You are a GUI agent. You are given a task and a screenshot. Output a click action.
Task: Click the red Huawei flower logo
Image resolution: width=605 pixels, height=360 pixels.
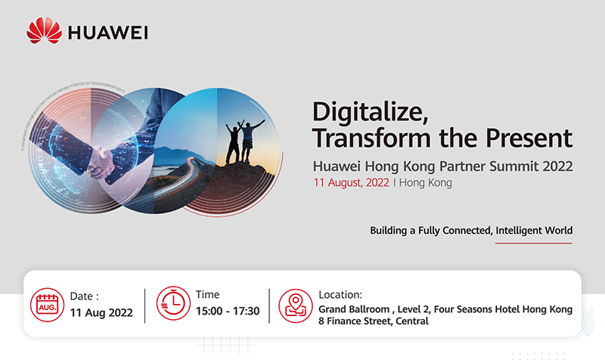[44, 30]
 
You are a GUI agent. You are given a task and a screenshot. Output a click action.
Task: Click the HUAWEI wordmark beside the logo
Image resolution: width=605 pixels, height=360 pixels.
[108, 33]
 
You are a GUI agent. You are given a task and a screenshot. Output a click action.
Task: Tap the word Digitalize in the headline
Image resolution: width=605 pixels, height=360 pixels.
[370, 112]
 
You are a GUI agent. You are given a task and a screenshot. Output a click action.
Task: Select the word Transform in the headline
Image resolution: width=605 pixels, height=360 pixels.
[371, 138]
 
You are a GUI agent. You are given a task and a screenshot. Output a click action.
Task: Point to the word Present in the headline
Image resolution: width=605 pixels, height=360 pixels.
[529, 138]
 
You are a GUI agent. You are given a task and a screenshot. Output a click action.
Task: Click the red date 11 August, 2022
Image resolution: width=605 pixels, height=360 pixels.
[351, 182]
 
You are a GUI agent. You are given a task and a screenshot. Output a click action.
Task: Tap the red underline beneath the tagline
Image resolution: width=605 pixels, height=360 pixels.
[534, 243]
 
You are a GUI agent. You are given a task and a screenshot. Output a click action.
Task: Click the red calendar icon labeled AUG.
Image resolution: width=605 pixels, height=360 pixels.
[48, 305]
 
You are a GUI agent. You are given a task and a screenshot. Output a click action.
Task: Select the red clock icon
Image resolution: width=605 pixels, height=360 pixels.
[173, 303]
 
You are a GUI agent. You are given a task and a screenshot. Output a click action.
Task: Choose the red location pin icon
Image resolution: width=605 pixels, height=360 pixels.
[296, 306]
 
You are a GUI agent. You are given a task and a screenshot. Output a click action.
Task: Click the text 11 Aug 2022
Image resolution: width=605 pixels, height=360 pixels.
[101, 312]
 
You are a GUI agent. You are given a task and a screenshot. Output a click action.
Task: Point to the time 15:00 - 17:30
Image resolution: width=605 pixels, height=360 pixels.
[228, 311]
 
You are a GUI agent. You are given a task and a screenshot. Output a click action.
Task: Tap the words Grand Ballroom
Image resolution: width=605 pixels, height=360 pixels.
[354, 309]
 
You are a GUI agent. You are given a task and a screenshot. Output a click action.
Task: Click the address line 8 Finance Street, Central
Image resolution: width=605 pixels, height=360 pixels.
[374, 321]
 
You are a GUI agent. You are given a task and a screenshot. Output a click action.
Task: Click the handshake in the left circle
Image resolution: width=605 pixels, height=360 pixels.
[101, 161]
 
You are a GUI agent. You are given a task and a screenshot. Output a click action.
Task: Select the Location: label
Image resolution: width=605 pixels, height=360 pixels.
[340, 295]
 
